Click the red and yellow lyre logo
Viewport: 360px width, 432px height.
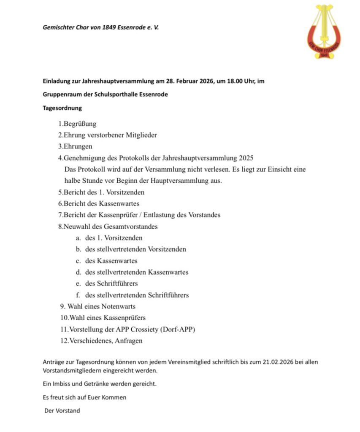pos(324,32)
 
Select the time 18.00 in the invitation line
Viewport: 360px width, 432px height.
pos(227,81)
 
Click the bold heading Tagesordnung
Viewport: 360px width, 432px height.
pos(62,108)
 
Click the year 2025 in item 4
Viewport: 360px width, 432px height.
pos(245,158)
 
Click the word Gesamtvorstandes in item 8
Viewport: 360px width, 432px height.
pos(131,227)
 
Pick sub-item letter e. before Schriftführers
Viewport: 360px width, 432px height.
pos(78,283)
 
